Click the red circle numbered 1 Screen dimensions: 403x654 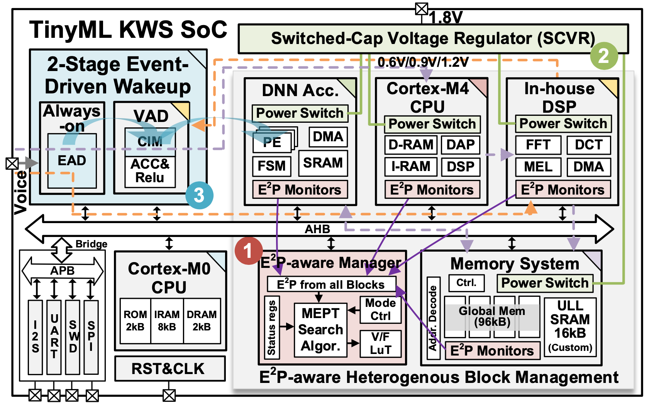click(x=248, y=251)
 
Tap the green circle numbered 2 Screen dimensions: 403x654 click(x=604, y=56)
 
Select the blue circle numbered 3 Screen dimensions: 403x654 click(x=199, y=195)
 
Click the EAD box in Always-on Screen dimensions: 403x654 click(x=72, y=161)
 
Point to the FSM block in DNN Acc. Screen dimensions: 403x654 click(x=271, y=166)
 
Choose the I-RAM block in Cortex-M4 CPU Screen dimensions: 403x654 click(x=411, y=166)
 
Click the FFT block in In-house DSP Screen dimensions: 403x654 click(x=538, y=145)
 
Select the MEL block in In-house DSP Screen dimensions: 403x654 click(x=538, y=167)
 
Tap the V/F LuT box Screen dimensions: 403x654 click(x=380, y=343)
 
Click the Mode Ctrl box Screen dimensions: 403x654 click(x=380, y=309)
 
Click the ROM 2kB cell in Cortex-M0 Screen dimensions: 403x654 click(x=135, y=320)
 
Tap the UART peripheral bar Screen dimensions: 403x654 click(x=54, y=337)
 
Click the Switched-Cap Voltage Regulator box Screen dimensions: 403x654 click(x=433, y=39)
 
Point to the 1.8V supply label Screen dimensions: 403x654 click(x=446, y=17)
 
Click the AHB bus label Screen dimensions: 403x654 click(x=317, y=229)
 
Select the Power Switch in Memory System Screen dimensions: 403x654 click(x=544, y=283)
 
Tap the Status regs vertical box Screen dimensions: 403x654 click(x=272, y=327)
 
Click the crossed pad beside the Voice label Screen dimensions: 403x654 click(x=12, y=163)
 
